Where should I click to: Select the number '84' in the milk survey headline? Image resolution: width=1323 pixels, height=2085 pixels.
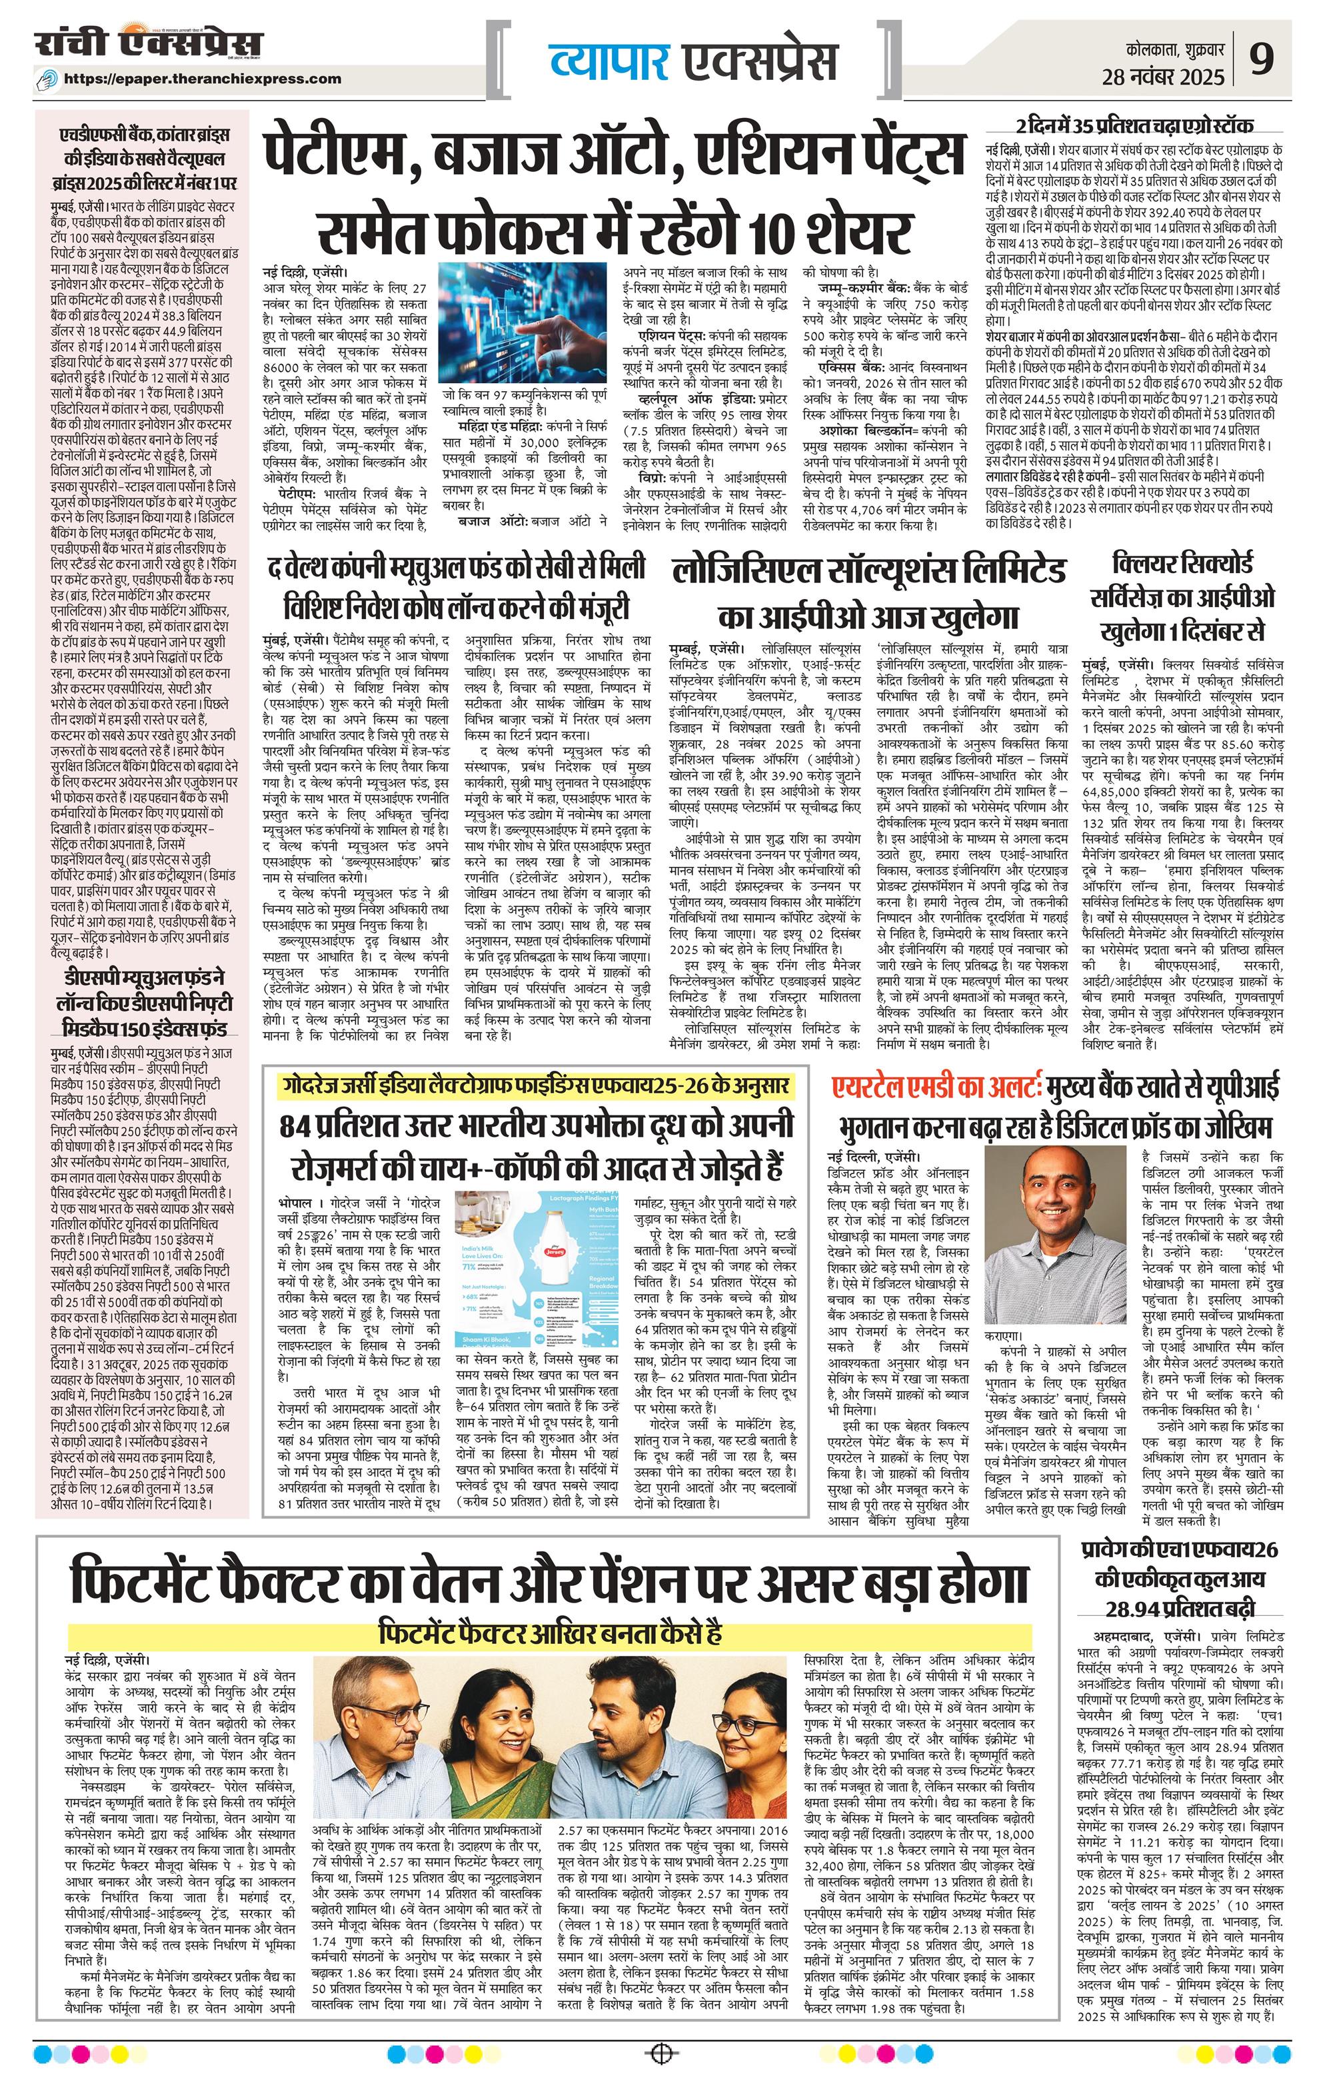pyautogui.click(x=301, y=1127)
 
